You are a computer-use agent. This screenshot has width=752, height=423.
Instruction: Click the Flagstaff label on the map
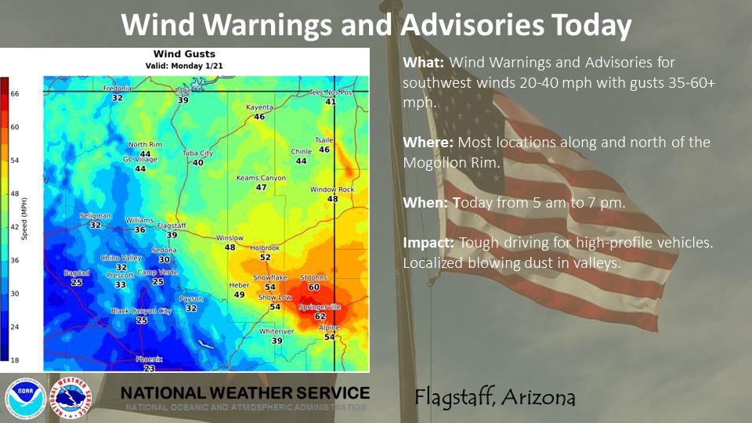171,225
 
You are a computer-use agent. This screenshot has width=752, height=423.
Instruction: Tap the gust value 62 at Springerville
320,316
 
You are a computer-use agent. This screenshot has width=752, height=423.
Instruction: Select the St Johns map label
313,277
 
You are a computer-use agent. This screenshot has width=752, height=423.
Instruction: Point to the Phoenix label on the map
149,359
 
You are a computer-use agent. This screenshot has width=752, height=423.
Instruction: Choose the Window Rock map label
332,190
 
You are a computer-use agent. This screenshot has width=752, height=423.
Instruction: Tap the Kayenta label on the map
259,107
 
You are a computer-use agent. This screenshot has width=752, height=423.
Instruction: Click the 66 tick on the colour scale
15,93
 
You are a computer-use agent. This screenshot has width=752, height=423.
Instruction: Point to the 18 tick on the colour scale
15,360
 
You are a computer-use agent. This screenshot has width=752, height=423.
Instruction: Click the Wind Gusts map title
183,54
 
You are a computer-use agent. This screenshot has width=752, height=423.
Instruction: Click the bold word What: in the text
424,62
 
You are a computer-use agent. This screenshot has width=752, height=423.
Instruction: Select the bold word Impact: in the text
428,243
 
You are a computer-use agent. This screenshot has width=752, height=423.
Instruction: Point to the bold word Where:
428,143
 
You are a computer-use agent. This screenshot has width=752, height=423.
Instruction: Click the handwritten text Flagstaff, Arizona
495,397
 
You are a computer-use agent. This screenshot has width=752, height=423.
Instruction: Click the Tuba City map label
197,153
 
